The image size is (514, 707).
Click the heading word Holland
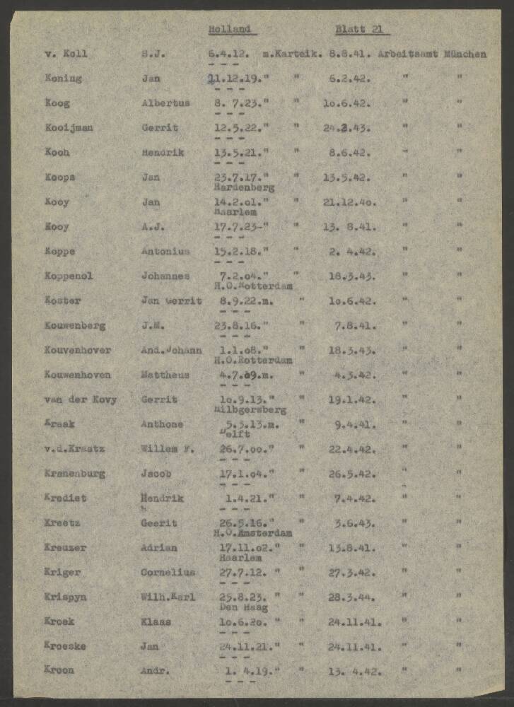point(230,30)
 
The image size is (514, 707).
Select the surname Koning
point(62,78)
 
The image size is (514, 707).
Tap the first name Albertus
point(165,103)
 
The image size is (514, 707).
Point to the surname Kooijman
point(69,128)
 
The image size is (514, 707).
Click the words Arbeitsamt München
point(432,54)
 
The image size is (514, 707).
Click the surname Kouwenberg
point(75,326)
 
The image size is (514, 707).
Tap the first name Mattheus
point(165,375)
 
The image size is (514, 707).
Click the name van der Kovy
point(80,400)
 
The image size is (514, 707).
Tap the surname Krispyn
point(65,597)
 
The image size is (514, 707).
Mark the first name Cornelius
point(168,573)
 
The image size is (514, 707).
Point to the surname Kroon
point(59,670)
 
